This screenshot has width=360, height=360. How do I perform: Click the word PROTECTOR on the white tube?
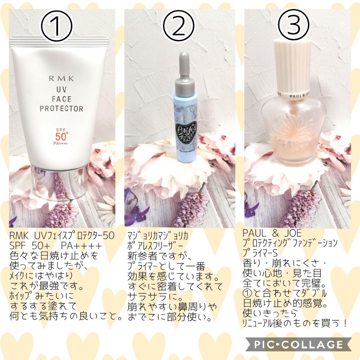point(61,108)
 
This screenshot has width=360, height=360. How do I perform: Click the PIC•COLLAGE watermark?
point(298,344)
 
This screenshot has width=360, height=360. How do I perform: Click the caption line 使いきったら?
point(270,312)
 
